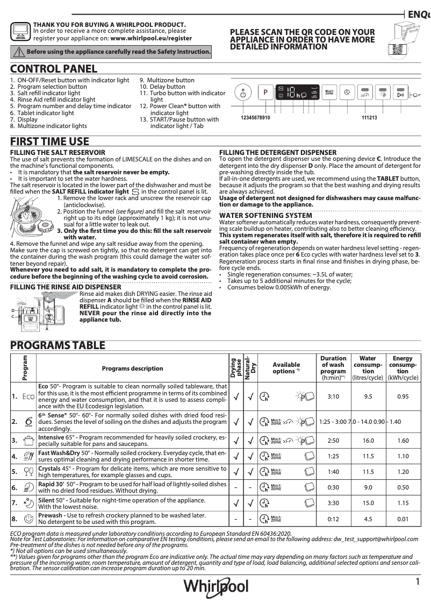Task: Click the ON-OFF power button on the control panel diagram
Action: pyautogui.click(x=243, y=93)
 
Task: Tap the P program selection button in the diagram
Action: pyautogui.click(x=265, y=93)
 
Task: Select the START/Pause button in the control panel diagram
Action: pyautogui.click(x=400, y=94)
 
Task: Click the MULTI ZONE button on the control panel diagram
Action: pyautogui.click(x=329, y=93)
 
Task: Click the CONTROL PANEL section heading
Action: pyautogui.click(x=54, y=69)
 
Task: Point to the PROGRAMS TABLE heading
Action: pyautogui.click(x=58, y=345)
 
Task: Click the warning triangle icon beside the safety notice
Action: pyautogui.click(x=19, y=52)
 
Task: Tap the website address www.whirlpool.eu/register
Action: pyautogui.click(x=151, y=39)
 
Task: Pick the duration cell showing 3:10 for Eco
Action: pyautogui.click(x=333, y=396)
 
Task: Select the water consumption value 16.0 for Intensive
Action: pyautogui.click(x=368, y=441)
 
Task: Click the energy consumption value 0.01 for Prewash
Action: pyautogui.click(x=403, y=519)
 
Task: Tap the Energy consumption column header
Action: pyautogui.click(x=403, y=368)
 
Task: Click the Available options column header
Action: pyautogui.click(x=286, y=368)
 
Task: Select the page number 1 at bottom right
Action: pyautogui.click(x=417, y=581)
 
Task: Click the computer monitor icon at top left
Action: pyautogui.click(x=20, y=32)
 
